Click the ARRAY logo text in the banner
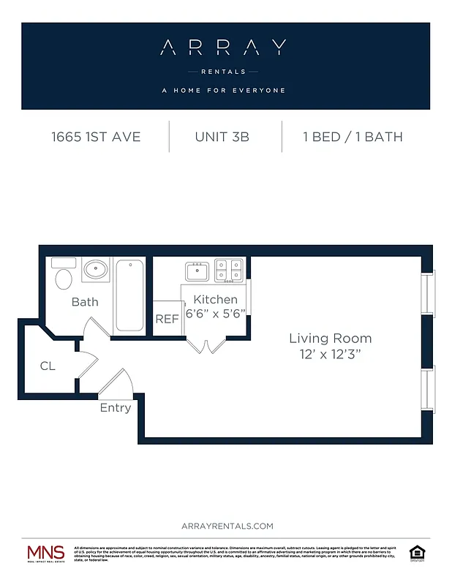(223, 49)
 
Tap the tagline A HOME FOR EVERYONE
(223, 91)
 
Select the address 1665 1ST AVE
(96, 137)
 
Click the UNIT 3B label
(222, 137)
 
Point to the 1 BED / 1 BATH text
(353, 137)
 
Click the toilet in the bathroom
(64, 276)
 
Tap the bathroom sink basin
(96, 271)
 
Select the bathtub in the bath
(130, 295)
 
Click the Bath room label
(85, 302)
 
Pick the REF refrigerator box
(167, 319)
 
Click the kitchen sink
(197, 271)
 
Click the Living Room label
(330, 339)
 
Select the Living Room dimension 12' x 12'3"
(330, 354)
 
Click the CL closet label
(48, 366)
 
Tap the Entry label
(115, 408)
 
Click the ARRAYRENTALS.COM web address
(226, 526)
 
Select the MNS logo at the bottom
(45, 554)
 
